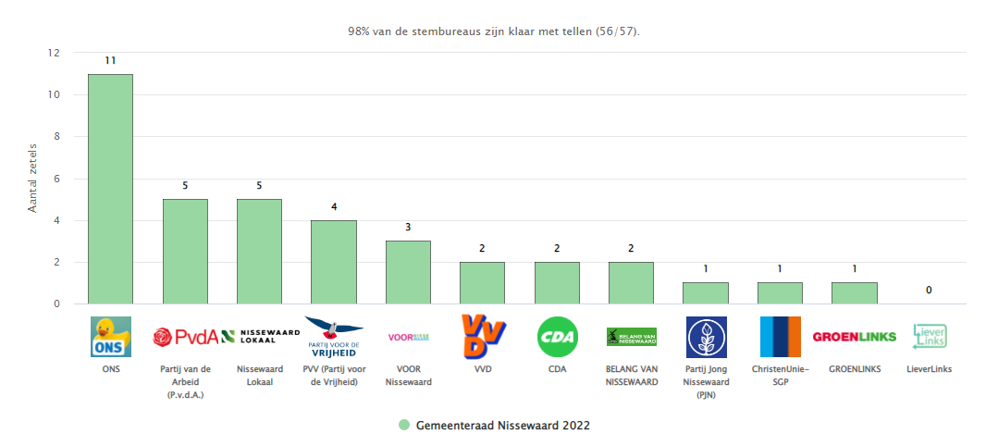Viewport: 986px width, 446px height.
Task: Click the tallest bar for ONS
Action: point(110,189)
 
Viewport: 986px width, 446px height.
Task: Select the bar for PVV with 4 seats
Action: point(333,262)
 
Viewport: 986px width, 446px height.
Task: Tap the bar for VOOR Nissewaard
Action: point(408,272)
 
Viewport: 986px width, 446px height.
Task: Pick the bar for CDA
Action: point(557,282)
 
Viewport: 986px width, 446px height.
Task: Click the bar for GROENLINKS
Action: point(854,293)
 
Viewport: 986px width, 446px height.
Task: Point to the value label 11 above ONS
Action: point(110,61)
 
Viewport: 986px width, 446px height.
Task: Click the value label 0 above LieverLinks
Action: point(929,291)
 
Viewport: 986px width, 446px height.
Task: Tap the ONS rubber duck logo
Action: point(110,337)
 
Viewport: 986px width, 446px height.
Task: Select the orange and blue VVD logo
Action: point(482,337)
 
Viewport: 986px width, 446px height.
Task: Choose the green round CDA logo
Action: point(557,337)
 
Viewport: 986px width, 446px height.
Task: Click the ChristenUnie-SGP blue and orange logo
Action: point(780,337)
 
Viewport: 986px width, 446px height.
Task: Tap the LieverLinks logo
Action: point(929,337)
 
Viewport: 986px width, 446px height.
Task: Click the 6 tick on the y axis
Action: point(57,179)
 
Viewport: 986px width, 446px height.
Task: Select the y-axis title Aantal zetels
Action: point(31,179)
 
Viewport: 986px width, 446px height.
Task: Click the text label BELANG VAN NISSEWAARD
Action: point(631,375)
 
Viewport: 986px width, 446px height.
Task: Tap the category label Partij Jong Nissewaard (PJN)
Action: point(706,381)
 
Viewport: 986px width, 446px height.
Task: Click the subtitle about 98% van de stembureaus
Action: point(493,31)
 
